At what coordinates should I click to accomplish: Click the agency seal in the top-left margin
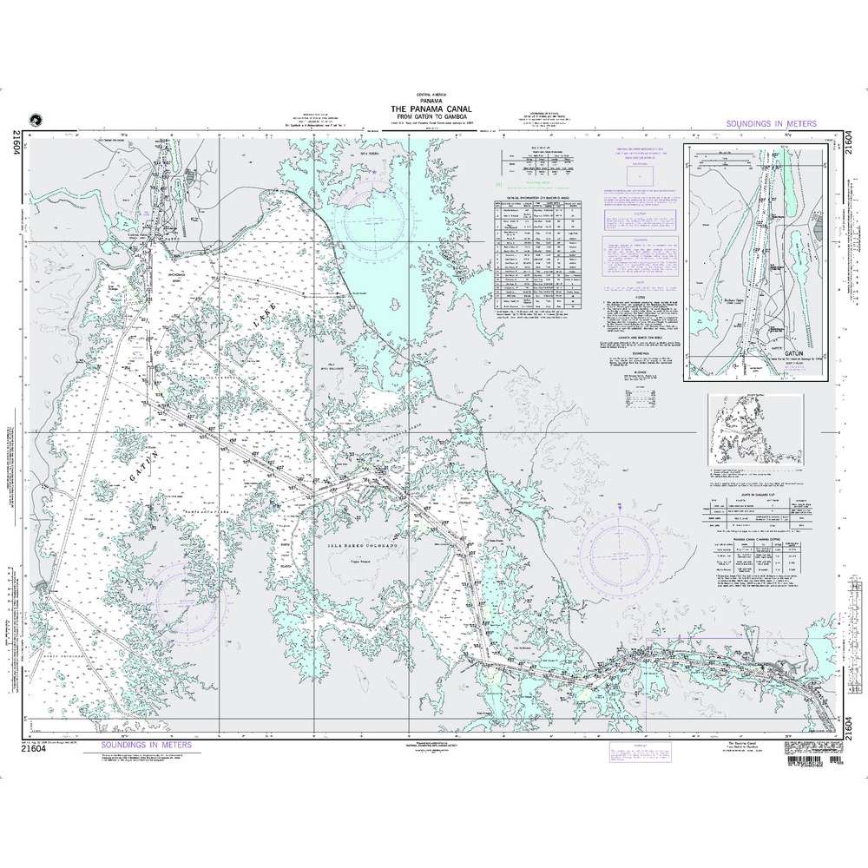(35, 121)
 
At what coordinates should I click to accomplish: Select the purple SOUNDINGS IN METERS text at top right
(770, 126)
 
